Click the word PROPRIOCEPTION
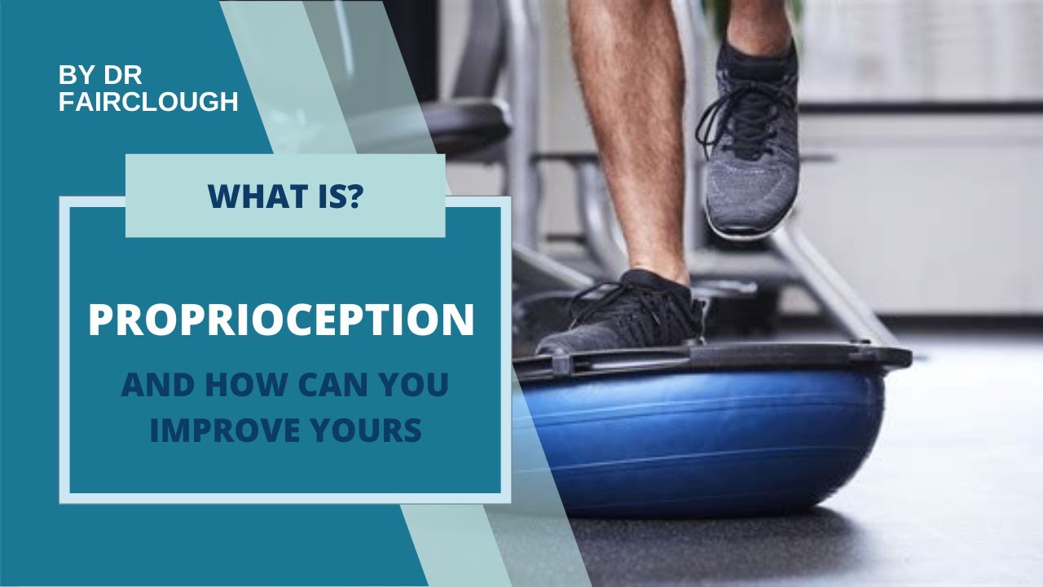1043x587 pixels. [281, 320]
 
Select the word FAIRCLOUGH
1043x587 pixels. [148, 102]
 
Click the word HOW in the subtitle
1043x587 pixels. [241, 386]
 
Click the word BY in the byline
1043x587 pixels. [73, 76]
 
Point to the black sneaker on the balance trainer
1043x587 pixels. [627, 314]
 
